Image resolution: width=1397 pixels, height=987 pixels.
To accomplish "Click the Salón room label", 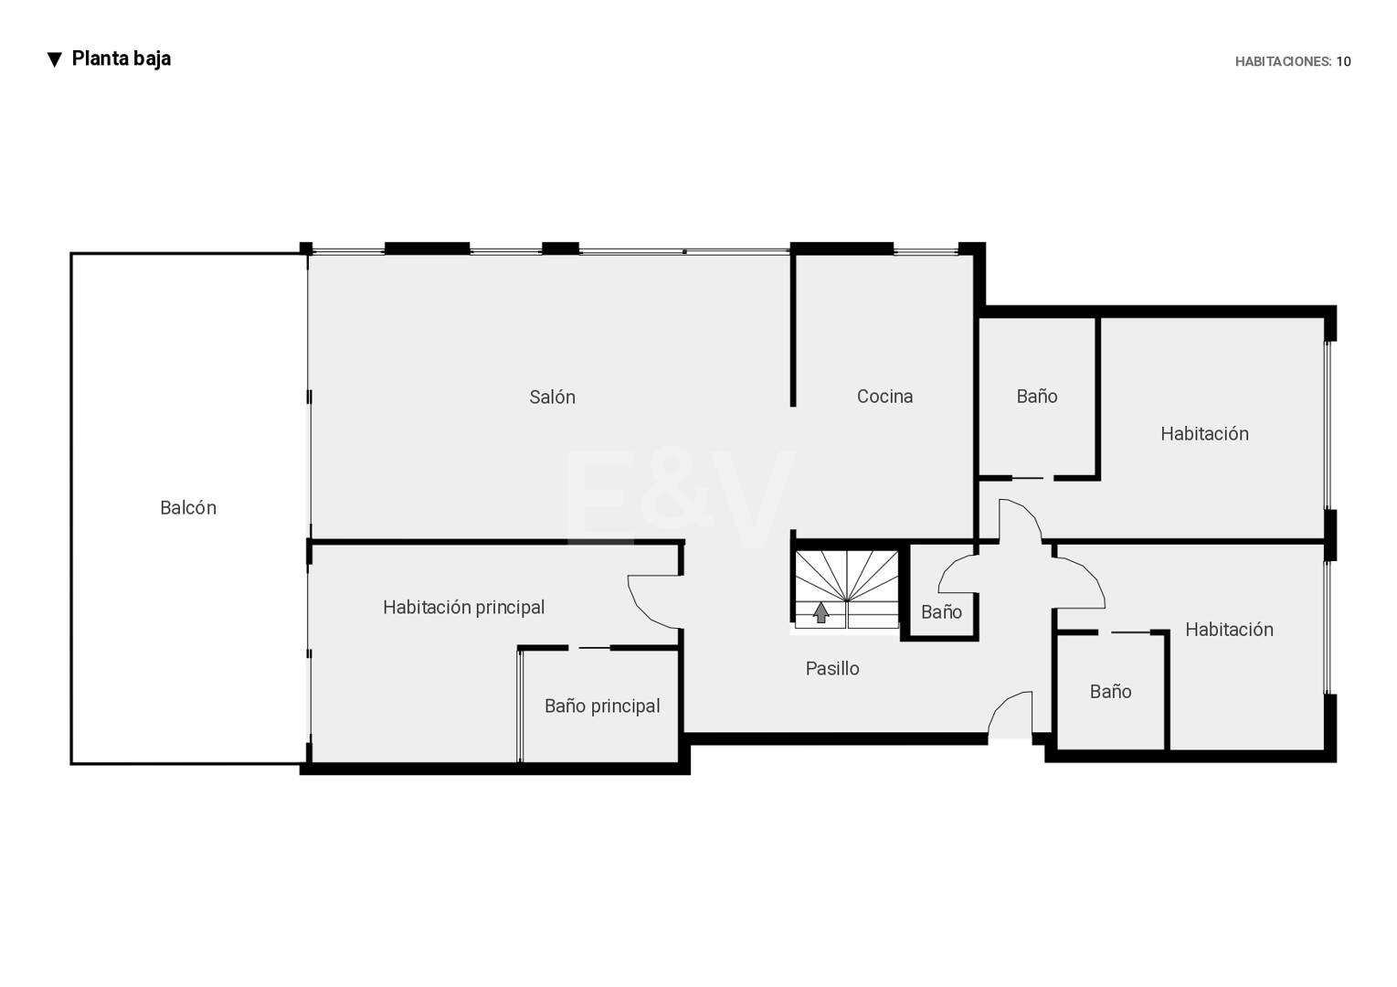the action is coord(552,397).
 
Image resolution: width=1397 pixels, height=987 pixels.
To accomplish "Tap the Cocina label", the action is coord(884,397).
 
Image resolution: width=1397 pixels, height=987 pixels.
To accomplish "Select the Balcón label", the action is coord(187,508).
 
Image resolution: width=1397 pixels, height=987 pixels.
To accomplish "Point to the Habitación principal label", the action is coord(463,607).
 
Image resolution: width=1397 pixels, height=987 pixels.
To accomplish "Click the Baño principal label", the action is coord(602,706).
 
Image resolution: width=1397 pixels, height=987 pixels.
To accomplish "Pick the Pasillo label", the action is coord(832,669).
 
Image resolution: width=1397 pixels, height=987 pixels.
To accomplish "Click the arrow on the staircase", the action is coord(820,612).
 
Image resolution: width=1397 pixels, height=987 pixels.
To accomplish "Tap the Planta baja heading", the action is coord(121,58).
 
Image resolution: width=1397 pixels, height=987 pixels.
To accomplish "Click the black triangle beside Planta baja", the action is coord(55,60).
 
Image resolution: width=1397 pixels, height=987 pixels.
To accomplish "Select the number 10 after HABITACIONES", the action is coord(1343,61).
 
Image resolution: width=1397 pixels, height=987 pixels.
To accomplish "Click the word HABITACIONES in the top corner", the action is coord(1283,61).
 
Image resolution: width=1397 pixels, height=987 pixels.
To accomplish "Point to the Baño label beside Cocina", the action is coord(1036,397).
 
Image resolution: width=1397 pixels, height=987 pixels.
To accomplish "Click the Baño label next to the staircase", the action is coord(941,612).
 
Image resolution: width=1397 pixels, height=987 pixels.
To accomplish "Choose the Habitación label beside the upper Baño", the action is coord(1204,433).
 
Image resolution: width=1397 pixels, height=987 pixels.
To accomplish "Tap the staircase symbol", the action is coord(846,589).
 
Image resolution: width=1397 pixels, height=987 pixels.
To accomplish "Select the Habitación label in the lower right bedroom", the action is coord(1229,630).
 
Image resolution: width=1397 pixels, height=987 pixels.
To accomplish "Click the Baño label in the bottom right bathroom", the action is coord(1110,691).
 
